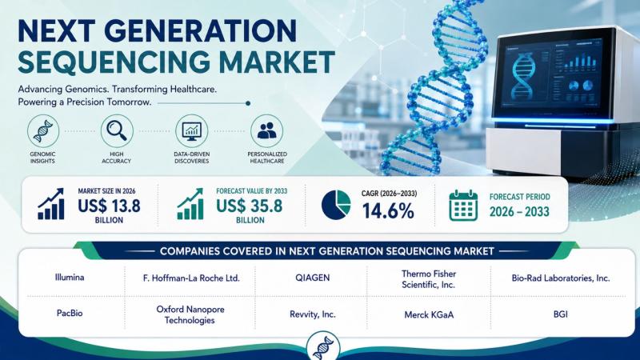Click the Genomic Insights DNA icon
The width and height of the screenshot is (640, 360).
pyautogui.click(x=43, y=131)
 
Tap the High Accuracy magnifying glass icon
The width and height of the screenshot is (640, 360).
pyautogui.click(x=117, y=131)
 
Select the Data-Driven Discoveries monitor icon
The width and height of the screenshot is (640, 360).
pyautogui.click(x=191, y=131)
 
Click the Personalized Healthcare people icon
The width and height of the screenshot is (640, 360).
pyautogui.click(x=267, y=131)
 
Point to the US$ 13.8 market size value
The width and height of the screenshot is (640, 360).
pyautogui.click(x=109, y=206)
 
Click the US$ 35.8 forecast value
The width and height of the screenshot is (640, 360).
pyautogui.click(x=250, y=206)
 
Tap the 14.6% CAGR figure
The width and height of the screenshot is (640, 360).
pyautogui.click(x=388, y=211)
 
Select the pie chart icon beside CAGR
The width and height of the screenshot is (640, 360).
pyautogui.click(x=336, y=205)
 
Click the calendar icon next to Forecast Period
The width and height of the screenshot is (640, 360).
pyautogui.click(x=463, y=206)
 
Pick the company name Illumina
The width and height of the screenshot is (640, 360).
pyautogui.click(x=70, y=278)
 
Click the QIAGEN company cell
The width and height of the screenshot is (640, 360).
pyautogui.click(x=312, y=278)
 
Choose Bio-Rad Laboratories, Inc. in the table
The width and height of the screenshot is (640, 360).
pyautogui.click(x=561, y=278)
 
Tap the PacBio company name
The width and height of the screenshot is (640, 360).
pyautogui.click(x=70, y=314)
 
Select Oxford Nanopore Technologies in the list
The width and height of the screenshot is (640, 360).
pyautogui.click(x=190, y=314)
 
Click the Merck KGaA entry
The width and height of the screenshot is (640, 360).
pyautogui.click(x=429, y=314)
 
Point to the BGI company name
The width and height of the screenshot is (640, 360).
pyautogui.click(x=561, y=314)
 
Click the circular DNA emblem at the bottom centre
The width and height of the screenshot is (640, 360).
pyautogui.click(x=323, y=346)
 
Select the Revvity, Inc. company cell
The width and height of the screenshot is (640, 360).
pyautogui.click(x=312, y=314)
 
